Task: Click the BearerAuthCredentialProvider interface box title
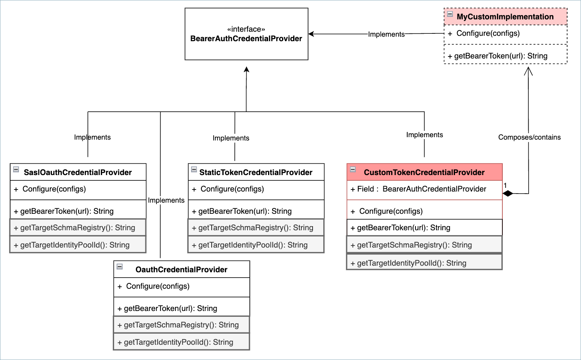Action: point(246,38)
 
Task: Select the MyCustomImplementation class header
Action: point(505,17)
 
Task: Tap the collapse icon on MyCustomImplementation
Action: point(450,14)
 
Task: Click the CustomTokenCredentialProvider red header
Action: point(424,172)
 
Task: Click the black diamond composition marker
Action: point(508,193)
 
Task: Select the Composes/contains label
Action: point(529,137)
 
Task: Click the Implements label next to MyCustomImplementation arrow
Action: point(386,34)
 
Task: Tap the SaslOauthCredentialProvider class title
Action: point(78,172)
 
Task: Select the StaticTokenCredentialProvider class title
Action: point(256,172)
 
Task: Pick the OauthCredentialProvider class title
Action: point(181,269)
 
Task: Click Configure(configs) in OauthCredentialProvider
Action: point(158,286)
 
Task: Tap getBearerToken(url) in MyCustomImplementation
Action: point(501,56)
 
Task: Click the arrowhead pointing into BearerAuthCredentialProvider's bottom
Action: point(247,69)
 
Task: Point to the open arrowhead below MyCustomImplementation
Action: point(528,71)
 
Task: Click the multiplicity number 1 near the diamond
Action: point(505,185)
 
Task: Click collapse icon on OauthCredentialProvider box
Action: point(120,266)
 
